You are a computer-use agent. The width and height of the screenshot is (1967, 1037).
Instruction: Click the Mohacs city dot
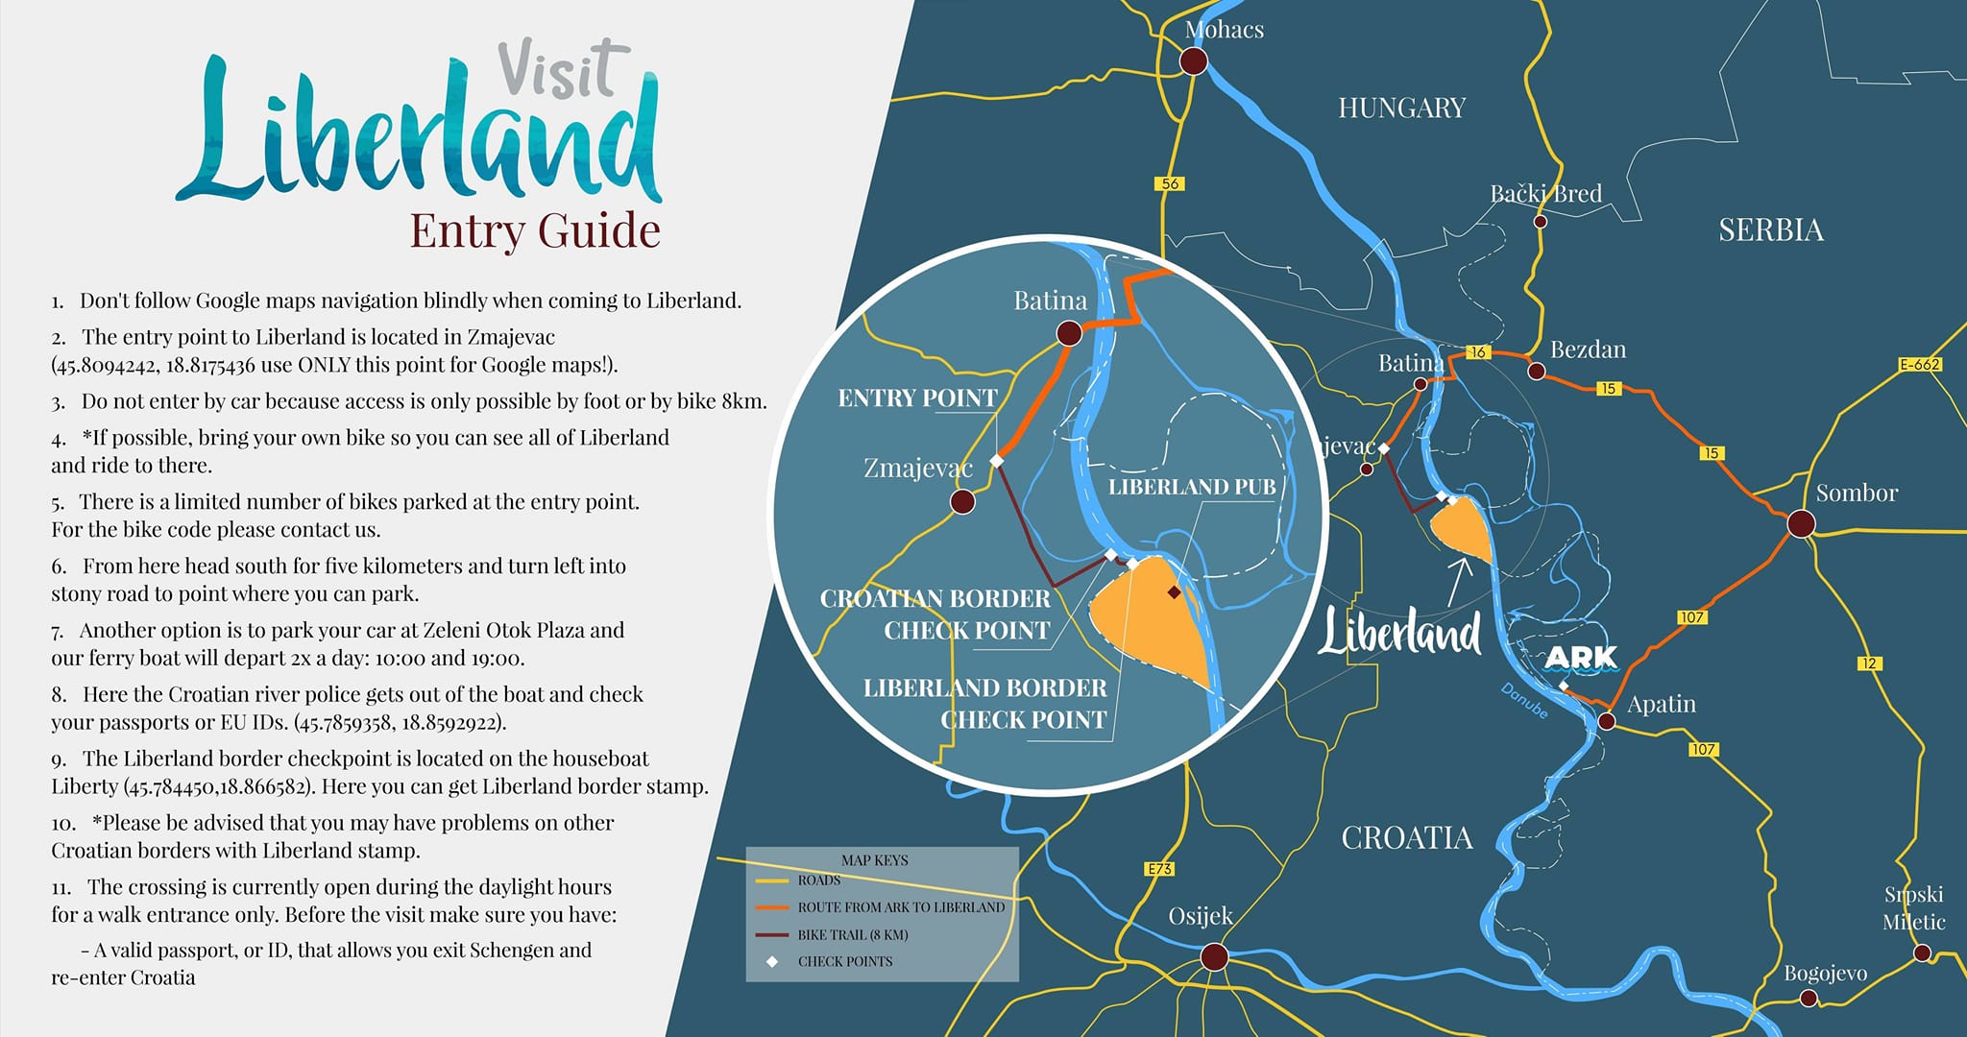pyautogui.click(x=1193, y=61)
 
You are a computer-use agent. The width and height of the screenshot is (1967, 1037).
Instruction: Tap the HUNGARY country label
pyautogui.click(x=1401, y=108)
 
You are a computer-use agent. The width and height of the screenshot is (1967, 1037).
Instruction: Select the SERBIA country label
pyautogui.click(x=1770, y=230)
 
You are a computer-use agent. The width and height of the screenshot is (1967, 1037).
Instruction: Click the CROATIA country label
pyautogui.click(x=1406, y=838)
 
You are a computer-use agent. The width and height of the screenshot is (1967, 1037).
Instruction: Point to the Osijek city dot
pyautogui.click(x=1214, y=956)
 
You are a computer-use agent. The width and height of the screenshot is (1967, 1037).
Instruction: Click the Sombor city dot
pyautogui.click(x=1801, y=523)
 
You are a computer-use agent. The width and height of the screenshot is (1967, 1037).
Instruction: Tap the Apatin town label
pyautogui.click(x=1661, y=704)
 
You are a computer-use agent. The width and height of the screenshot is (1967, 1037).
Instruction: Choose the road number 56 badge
pyautogui.click(x=1170, y=183)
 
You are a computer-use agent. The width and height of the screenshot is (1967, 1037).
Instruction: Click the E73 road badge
pyautogui.click(x=1160, y=869)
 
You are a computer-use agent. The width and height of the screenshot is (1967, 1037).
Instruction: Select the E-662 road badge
pyautogui.click(x=1920, y=365)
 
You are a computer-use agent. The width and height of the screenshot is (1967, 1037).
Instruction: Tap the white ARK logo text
pyautogui.click(x=1580, y=658)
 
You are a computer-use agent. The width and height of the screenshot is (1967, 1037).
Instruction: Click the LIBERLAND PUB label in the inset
pyautogui.click(x=1192, y=487)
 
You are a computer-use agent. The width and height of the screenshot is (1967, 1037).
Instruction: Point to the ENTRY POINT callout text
pyautogui.click(x=917, y=398)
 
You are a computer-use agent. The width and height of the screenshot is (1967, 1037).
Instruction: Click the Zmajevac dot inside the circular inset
pyautogui.click(x=961, y=501)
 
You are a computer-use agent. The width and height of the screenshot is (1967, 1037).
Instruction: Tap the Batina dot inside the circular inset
pyautogui.click(x=1069, y=333)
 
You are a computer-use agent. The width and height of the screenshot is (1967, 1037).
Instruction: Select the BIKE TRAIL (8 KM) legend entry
pyautogui.click(x=852, y=934)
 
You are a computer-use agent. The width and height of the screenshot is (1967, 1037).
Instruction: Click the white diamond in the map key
pyautogui.click(x=772, y=961)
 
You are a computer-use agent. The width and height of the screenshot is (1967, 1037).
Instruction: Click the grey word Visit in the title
pyautogui.click(x=562, y=70)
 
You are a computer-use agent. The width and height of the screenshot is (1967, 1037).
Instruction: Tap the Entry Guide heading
pyautogui.click(x=535, y=231)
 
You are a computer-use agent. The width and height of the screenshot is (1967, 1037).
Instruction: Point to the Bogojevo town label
pyautogui.click(x=1825, y=974)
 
